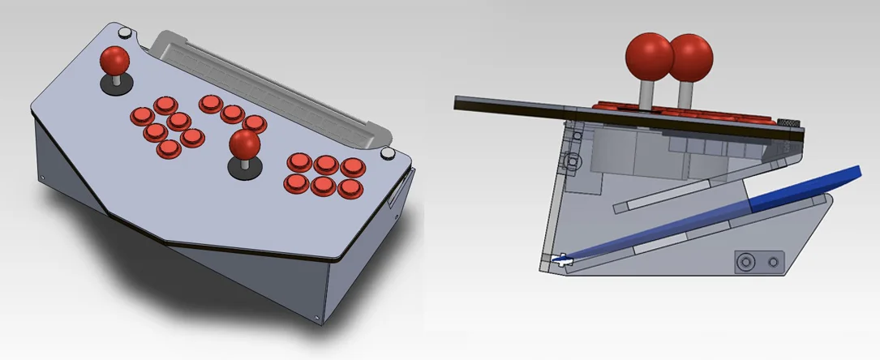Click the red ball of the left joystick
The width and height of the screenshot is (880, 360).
click(114, 59)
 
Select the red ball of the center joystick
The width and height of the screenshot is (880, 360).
click(244, 144)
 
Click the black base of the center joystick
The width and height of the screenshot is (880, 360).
click(244, 169)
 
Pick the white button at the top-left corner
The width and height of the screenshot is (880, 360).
click(126, 33)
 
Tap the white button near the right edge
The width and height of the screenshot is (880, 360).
click(388, 154)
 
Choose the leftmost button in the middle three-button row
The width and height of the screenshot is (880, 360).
click(210, 103)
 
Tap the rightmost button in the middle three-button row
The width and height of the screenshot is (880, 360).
click(255, 123)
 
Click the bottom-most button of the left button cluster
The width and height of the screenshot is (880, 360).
click(168, 148)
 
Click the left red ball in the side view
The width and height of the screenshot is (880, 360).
click(649, 55)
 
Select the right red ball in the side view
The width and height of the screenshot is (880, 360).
click(690, 57)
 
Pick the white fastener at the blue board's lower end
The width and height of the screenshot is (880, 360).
click(560, 259)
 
